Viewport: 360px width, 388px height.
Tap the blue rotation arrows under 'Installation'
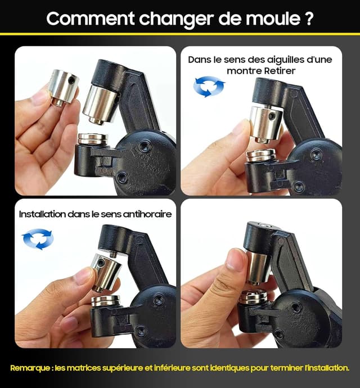pyautogui.click(x=37, y=239)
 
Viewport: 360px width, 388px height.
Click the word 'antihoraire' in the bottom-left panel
pyautogui.click(x=145, y=214)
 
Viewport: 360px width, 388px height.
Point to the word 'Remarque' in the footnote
pyautogui.click(x=29, y=368)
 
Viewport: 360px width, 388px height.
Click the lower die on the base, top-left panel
pyautogui.click(x=93, y=138)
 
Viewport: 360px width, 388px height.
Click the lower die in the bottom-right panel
pyautogui.click(x=254, y=297)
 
